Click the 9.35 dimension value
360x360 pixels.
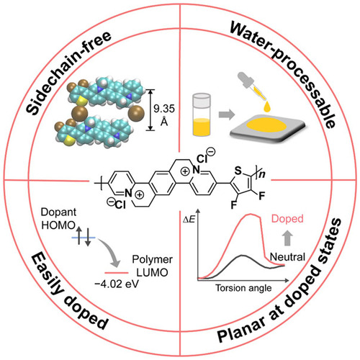pos(164,109)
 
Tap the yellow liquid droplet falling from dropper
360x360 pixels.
pos(267,107)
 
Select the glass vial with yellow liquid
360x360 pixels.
pos(202,115)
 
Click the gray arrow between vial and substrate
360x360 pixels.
pos(227,114)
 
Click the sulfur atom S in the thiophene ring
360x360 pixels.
pos(238,171)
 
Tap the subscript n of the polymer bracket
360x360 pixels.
pos(262,174)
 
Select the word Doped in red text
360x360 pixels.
pos(287,219)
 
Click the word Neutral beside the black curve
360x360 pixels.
pos(287,257)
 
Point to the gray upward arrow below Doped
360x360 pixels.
pos(287,238)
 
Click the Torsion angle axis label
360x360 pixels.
pos(243,288)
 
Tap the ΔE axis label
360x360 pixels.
pos(189,220)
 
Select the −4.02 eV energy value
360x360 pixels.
pos(117,284)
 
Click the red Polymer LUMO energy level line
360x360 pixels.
pos(117,273)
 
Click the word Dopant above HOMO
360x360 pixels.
pos(58,212)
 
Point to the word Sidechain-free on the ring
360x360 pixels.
pos(68,73)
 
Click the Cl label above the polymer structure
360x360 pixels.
pos(202,158)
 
